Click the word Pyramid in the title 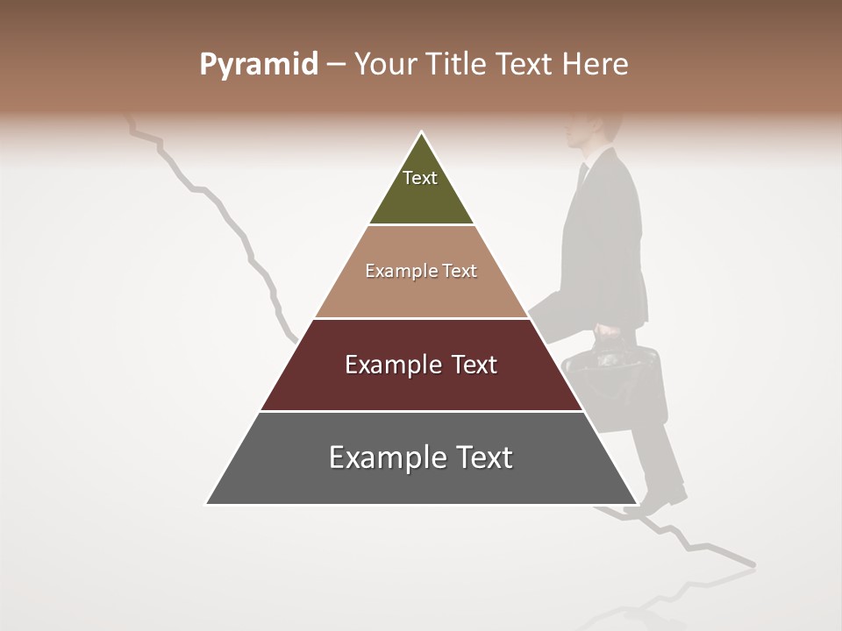(x=258, y=65)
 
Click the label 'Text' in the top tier (x=419, y=178)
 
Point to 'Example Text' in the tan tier (x=421, y=271)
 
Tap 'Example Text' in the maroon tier (x=421, y=365)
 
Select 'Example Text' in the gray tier (x=421, y=457)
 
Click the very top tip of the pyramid (x=421, y=133)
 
